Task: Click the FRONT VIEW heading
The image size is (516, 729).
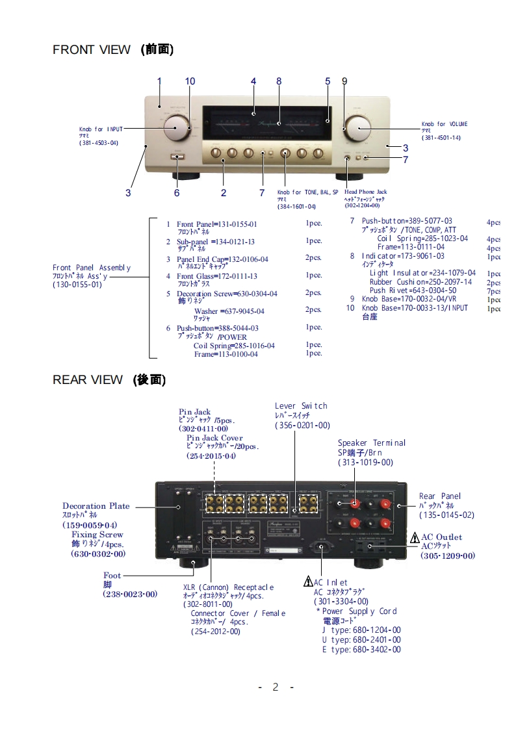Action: [x=112, y=49]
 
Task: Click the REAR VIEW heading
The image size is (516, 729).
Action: [x=109, y=380]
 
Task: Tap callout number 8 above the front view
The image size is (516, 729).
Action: [x=279, y=81]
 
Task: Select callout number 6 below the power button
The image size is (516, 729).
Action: [x=176, y=192]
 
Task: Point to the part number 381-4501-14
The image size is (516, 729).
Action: [x=441, y=138]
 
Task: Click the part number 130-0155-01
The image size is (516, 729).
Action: [x=77, y=285]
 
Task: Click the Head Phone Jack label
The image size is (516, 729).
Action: [x=365, y=192]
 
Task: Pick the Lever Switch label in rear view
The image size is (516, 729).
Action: [x=301, y=406]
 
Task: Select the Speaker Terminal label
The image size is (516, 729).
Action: [x=371, y=443]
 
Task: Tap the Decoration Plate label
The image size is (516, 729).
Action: [x=96, y=506]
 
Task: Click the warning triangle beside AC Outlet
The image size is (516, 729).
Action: [x=415, y=537]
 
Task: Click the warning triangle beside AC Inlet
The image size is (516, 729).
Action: [x=309, y=582]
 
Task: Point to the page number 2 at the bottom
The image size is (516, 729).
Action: [x=276, y=687]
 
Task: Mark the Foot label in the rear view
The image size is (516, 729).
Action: [x=112, y=576]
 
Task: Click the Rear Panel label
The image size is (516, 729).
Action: [x=440, y=496]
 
